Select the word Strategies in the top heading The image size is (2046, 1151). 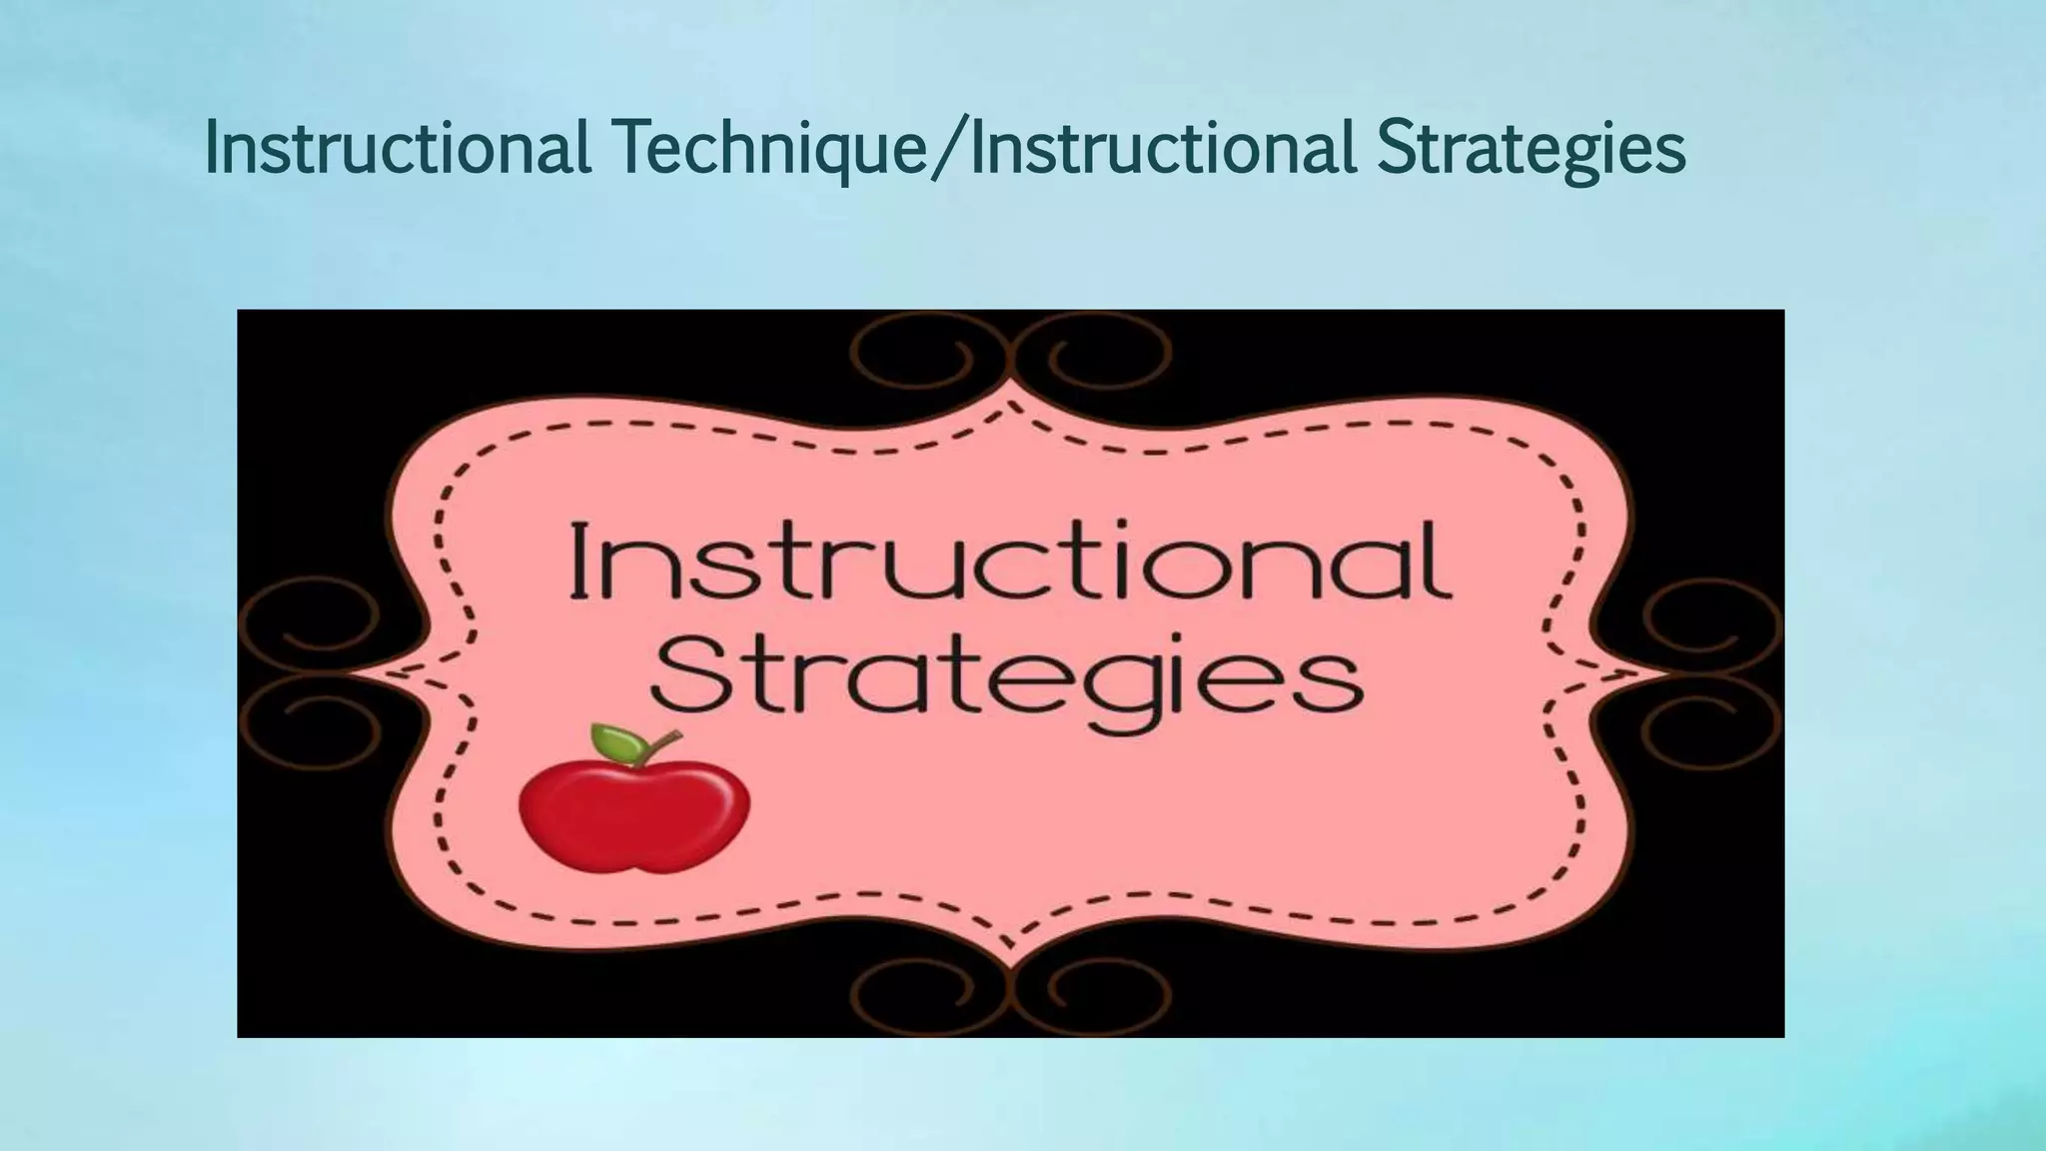click(1531, 147)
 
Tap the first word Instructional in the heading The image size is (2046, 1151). click(397, 147)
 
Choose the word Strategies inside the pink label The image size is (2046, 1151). click(1009, 671)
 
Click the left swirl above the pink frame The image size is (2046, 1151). click(911, 356)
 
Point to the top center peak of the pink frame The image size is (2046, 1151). click(1011, 386)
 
